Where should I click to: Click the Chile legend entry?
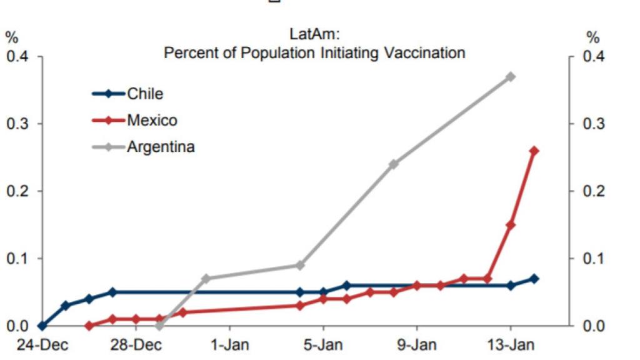pyautogui.click(x=144, y=94)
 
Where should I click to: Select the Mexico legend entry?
pyautogui.click(x=152, y=120)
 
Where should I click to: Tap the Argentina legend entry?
pyautogui.click(x=161, y=147)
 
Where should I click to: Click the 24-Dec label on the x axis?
pyautogui.click(x=41, y=346)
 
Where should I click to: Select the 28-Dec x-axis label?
pyautogui.click(x=136, y=346)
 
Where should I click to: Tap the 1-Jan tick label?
pyautogui.click(x=229, y=346)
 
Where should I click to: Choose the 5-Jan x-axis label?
pyautogui.click(x=323, y=346)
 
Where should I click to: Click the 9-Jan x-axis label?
pyautogui.click(x=417, y=346)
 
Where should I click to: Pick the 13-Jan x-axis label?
pyautogui.click(x=511, y=346)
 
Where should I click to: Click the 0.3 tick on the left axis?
pyautogui.click(x=18, y=124)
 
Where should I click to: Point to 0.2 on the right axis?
pyautogui.click(x=593, y=191)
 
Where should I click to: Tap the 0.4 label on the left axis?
pyautogui.click(x=18, y=57)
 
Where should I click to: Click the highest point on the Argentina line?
pyautogui.click(x=511, y=77)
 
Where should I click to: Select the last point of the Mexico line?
pyautogui.click(x=534, y=151)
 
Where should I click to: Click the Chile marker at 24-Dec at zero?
pyautogui.click(x=42, y=326)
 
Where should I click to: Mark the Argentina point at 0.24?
pyautogui.click(x=394, y=164)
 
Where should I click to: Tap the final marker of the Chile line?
pyautogui.click(x=534, y=279)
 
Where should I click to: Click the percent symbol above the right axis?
pyautogui.click(x=592, y=38)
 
